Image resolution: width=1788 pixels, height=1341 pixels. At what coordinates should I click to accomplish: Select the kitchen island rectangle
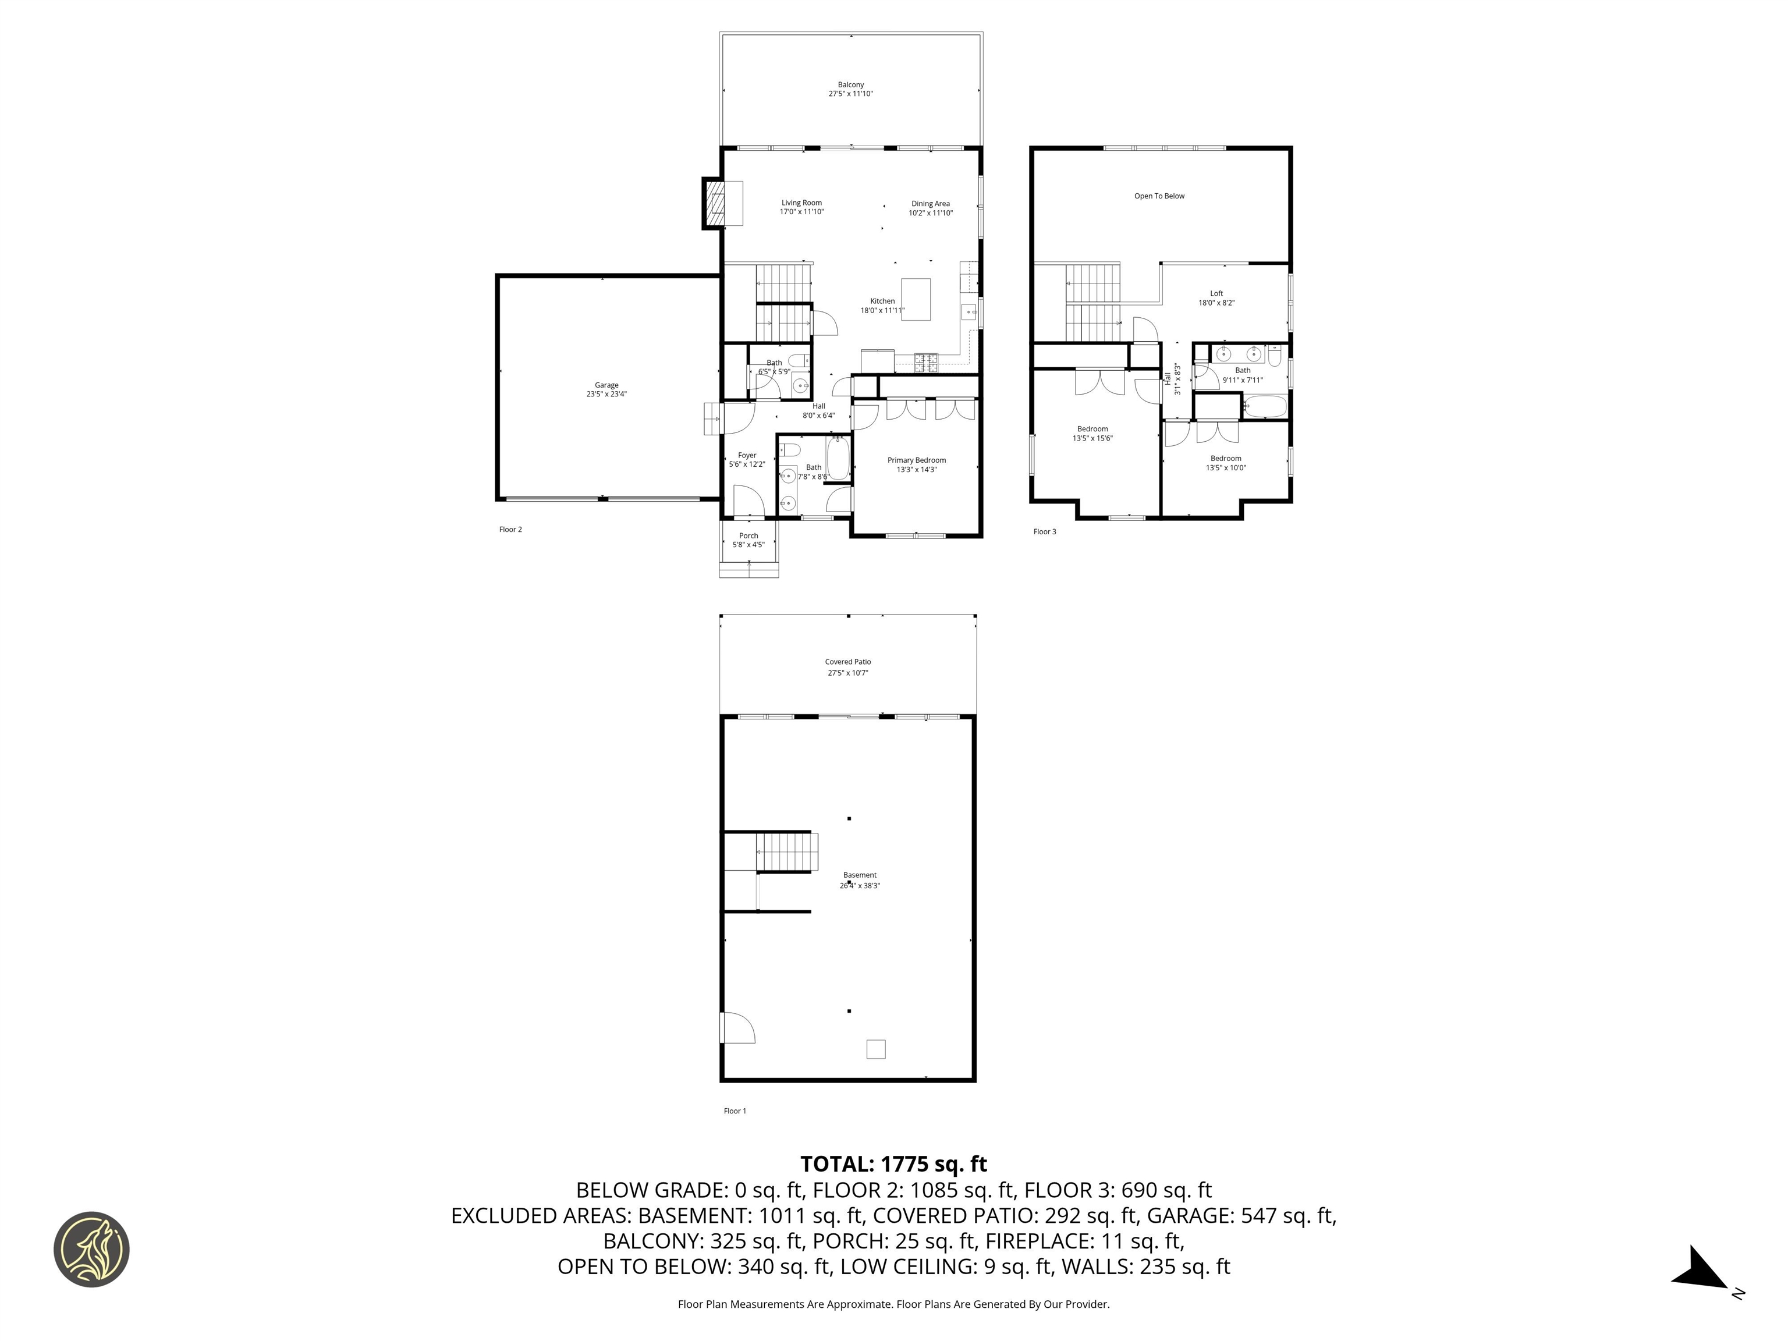[x=915, y=299]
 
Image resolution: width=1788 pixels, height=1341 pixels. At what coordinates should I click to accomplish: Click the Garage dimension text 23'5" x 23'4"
[x=606, y=395]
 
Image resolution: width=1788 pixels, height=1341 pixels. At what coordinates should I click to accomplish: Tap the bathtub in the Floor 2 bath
[x=838, y=459]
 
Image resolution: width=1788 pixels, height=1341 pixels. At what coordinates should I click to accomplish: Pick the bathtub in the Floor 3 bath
[x=1264, y=407]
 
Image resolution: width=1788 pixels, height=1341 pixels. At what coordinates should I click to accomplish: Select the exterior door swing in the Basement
[x=737, y=1028]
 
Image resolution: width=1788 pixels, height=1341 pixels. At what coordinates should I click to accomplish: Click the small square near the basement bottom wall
[x=875, y=1049]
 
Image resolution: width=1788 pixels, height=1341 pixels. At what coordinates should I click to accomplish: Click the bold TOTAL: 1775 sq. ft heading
[x=893, y=1164]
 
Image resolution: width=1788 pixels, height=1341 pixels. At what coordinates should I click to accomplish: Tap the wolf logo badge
[x=91, y=1249]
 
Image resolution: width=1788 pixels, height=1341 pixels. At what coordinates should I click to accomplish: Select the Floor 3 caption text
[x=1044, y=532]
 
